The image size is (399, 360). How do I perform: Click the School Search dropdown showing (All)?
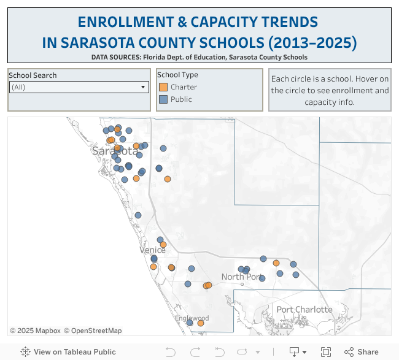pos(79,87)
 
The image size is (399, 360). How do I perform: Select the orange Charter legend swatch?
pos(163,87)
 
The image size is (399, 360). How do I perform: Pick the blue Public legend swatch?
pos(163,99)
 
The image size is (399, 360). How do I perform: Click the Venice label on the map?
pos(152,250)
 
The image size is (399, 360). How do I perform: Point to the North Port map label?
pos(241,277)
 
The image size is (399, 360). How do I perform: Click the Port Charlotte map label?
pos(304,309)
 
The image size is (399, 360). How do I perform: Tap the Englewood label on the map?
pos(192,318)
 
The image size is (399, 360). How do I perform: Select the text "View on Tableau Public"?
pos(74,352)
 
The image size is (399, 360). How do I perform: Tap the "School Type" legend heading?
pos(177,75)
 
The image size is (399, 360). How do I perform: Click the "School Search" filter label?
pos(33,75)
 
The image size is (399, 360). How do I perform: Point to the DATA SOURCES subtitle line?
pos(199,57)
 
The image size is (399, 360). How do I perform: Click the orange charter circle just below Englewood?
pos(201,323)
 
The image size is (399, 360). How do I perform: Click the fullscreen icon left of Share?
pos(326,352)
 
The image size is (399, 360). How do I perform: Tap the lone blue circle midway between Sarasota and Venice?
pos(138,215)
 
